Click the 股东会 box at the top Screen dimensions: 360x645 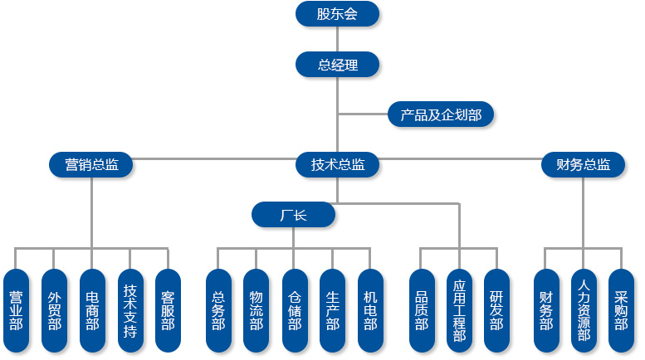[337, 13]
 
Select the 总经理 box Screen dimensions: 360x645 [337, 65]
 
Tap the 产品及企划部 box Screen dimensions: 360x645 [441, 114]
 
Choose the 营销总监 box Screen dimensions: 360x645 [91, 164]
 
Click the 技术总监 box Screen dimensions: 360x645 [337, 164]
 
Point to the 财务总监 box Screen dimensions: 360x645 [583, 164]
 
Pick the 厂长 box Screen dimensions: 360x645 [293, 215]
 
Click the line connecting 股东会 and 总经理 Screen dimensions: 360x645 [337, 39]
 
